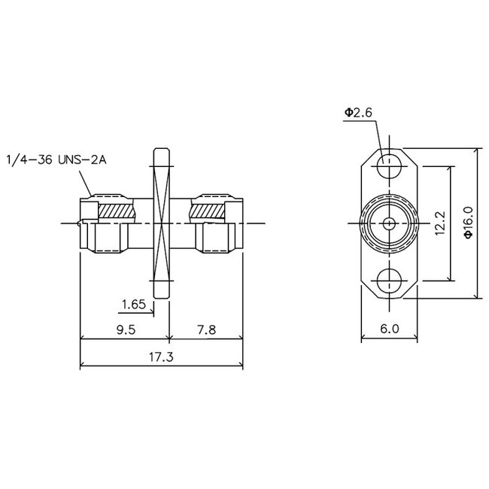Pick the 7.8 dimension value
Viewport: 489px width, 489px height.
tap(206, 329)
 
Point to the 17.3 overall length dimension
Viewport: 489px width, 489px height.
tap(162, 357)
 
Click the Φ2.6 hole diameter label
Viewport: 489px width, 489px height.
tap(359, 113)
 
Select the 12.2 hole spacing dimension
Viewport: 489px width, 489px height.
tap(442, 223)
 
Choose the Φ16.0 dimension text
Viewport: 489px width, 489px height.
tap(467, 223)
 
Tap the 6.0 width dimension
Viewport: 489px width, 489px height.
tap(388, 329)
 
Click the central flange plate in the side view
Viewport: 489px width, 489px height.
tap(162, 223)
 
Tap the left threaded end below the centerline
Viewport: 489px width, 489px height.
tap(105, 240)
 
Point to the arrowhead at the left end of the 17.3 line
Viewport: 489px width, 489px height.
tap(84, 367)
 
